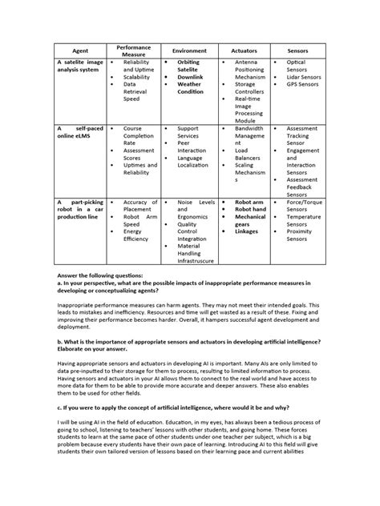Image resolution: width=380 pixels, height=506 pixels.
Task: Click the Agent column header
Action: pyautogui.click(x=80, y=50)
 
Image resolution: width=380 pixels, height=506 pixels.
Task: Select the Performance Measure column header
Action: pyautogui.click(x=133, y=50)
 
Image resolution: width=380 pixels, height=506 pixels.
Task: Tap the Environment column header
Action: pyautogui.click(x=189, y=50)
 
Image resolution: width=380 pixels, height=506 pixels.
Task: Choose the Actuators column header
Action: pyautogui.click(x=244, y=50)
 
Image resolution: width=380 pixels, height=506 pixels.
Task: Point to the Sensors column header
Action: pyautogui.click(x=297, y=50)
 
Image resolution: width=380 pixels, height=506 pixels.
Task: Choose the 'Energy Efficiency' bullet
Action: pyautogui.click(x=136, y=235)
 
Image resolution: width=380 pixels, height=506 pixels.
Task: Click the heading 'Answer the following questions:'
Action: pyautogui.click(x=99, y=273)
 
